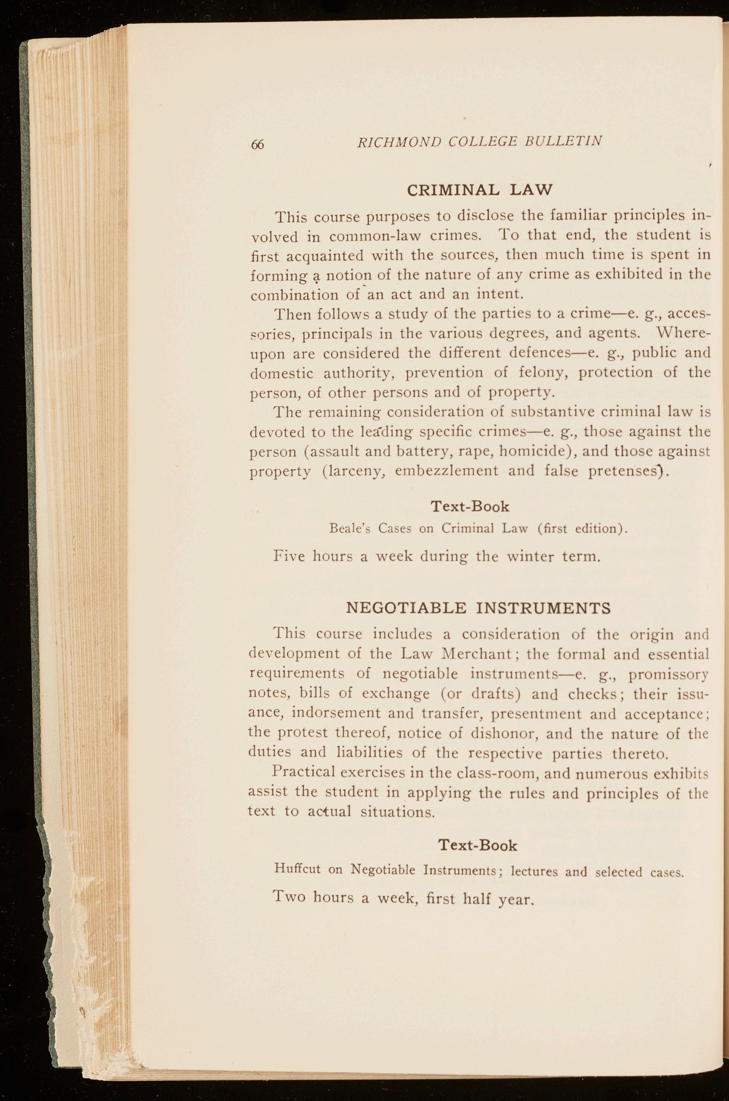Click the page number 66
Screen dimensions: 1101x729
[257, 144]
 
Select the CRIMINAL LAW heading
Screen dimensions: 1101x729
[479, 190]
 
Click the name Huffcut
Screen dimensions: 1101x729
[298, 868]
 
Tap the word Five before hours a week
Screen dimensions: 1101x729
[289, 556]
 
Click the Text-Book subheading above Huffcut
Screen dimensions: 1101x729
[478, 845]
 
